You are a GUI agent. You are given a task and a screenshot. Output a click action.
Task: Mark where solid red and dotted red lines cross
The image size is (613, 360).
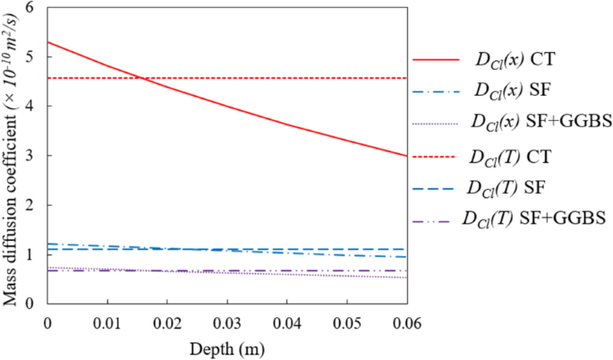(140, 78)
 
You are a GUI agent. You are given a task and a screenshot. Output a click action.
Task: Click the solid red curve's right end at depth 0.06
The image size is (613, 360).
(406, 156)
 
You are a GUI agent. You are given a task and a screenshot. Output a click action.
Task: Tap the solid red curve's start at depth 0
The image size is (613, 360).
(47, 42)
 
